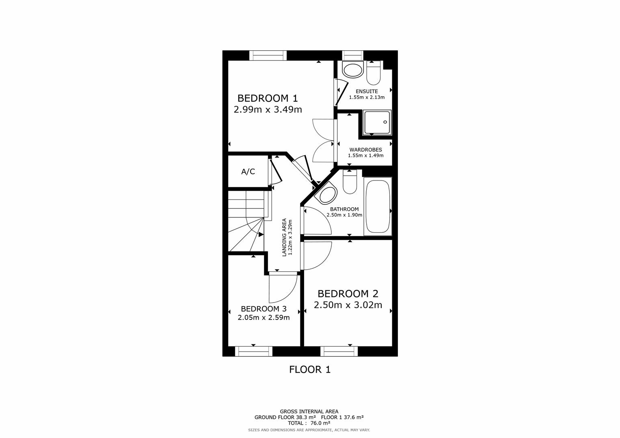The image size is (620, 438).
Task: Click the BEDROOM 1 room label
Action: [x=268, y=98]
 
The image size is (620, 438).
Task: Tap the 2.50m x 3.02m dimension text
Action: [x=348, y=305]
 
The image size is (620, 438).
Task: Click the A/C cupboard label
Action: [x=248, y=172]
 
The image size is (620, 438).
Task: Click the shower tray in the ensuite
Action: [x=377, y=122]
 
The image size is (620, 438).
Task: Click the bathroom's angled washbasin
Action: [x=327, y=194]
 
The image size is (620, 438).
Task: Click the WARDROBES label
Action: [x=365, y=150]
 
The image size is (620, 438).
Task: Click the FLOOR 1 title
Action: [x=310, y=369]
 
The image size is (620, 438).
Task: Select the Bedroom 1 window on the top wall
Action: [x=268, y=55]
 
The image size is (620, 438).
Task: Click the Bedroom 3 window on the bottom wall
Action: [x=253, y=351]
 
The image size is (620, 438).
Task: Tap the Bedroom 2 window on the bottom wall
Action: [x=339, y=351]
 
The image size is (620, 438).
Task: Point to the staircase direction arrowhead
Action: [x=261, y=234]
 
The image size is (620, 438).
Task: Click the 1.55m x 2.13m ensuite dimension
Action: [x=367, y=97]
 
